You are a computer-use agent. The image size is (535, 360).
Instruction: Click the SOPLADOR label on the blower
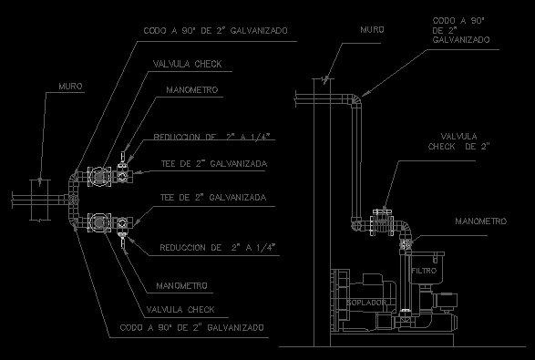coord(366,302)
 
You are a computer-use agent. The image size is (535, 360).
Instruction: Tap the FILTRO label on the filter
coord(424,271)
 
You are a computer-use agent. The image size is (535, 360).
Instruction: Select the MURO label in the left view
coord(70,86)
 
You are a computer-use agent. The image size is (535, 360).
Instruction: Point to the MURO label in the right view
coord(372,30)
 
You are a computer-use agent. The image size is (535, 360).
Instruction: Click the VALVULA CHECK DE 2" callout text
coord(459,141)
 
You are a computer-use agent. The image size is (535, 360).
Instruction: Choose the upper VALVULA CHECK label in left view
coord(188,64)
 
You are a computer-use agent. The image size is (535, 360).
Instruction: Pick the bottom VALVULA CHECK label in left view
coord(180,310)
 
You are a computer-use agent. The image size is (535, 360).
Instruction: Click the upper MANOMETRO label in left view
coord(192,89)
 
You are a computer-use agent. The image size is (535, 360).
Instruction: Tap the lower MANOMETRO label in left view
coord(182,285)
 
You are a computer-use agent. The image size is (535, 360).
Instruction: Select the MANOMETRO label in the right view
coord(481,221)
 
